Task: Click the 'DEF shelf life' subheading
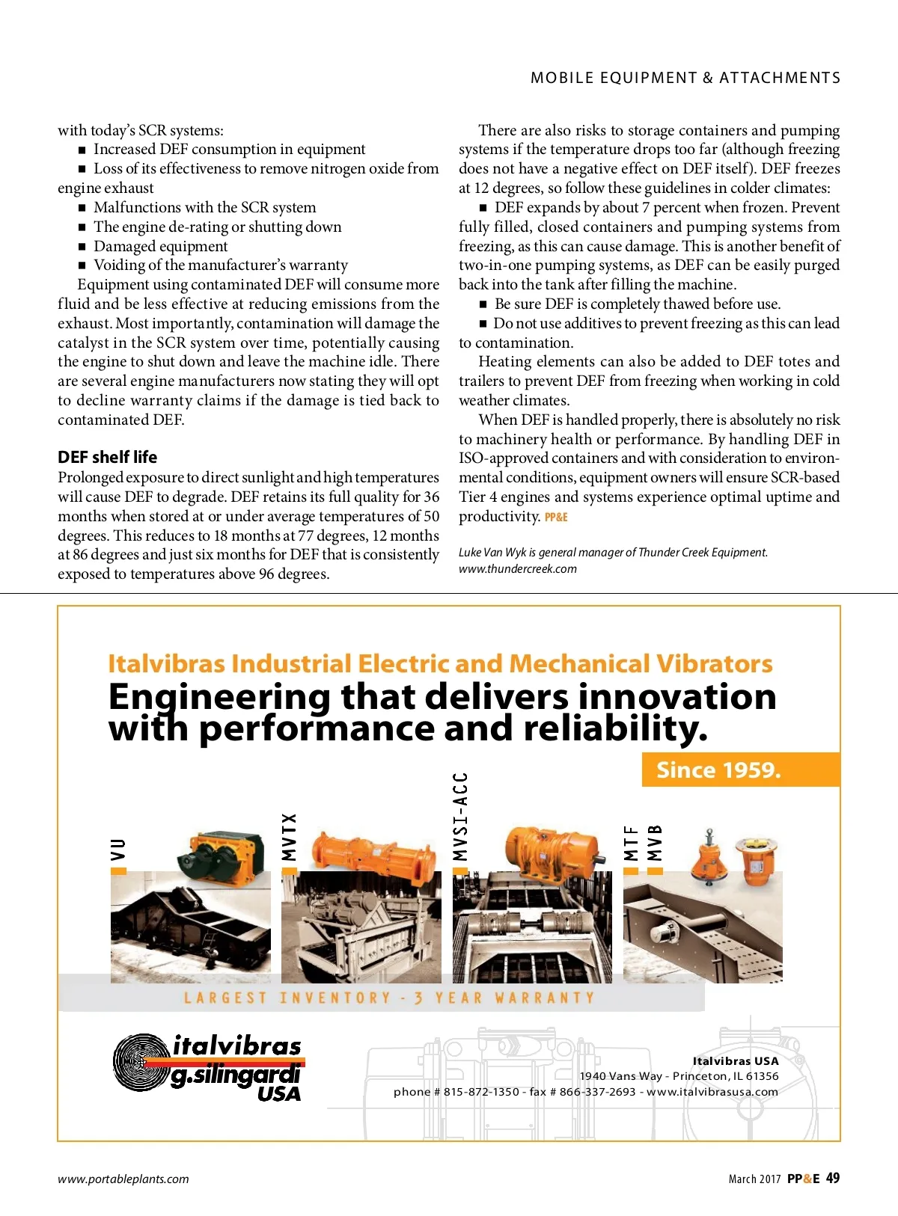[x=107, y=457]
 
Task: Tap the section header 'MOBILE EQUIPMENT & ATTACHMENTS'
[x=685, y=78]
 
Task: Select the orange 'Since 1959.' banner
[x=718, y=770]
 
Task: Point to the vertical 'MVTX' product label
[x=289, y=838]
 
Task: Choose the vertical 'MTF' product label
[x=632, y=843]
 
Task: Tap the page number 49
[x=832, y=1178]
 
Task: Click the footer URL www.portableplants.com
[x=123, y=1179]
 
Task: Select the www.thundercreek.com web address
[x=518, y=569]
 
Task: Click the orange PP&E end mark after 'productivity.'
[x=556, y=517]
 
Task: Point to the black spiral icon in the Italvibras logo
[x=140, y=1063]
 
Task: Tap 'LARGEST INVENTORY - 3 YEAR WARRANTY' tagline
[x=389, y=998]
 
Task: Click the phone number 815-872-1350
[x=481, y=1092]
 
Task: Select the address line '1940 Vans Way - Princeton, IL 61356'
[x=679, y=1076]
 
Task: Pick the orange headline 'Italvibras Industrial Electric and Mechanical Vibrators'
[x=440, y=664]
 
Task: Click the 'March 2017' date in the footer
[x=754, y=1179]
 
